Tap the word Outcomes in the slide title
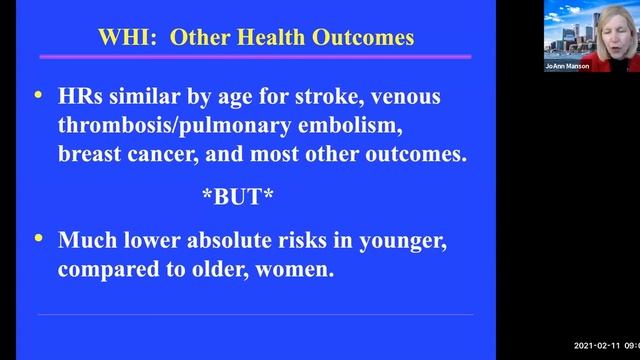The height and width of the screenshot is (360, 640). (x=358, y=39)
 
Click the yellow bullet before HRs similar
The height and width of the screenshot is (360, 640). (x=39, y=95)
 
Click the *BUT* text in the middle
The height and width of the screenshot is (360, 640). (x=238, y=197)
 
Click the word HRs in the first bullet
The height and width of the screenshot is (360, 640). (x=84, y=97)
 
